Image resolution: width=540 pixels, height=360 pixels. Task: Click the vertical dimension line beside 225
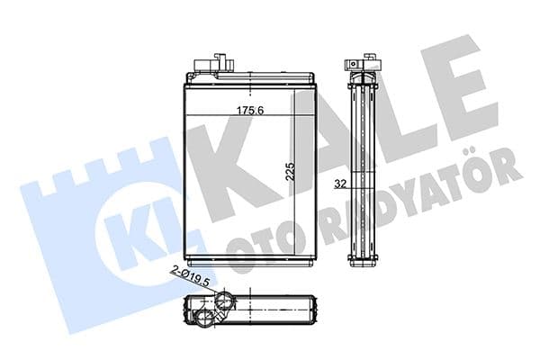coord(298,180)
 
